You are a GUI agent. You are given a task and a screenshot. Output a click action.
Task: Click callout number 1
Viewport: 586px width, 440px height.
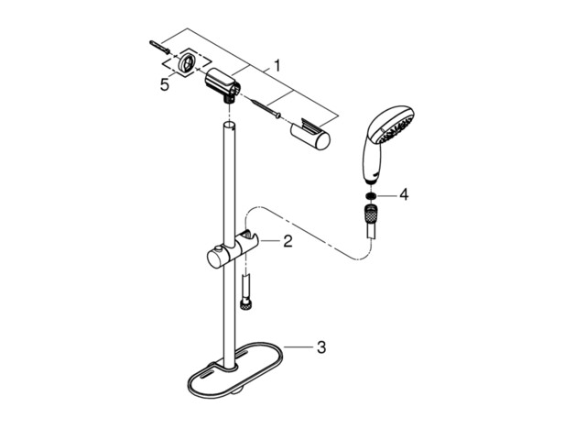[x=277, y=66]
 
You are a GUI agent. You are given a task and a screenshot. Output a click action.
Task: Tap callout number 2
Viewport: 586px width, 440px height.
[x=288, y=241]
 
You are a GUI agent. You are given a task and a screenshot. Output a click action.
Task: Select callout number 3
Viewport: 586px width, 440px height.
[x=321, y=347]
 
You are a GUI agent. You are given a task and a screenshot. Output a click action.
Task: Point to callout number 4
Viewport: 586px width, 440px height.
[x=404, y=194]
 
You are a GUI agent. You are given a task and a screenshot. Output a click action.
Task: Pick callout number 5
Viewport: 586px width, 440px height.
[x=165, y=85]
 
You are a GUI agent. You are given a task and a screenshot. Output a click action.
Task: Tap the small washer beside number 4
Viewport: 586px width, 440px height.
[x=371, y=195]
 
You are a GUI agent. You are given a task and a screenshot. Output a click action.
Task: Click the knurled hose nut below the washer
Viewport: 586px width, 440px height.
[x=371, y=214]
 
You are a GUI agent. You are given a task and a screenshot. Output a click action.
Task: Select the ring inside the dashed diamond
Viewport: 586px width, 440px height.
[x=186, y=62]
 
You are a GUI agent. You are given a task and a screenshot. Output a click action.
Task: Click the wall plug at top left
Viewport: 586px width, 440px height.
[x=160, y=47]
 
